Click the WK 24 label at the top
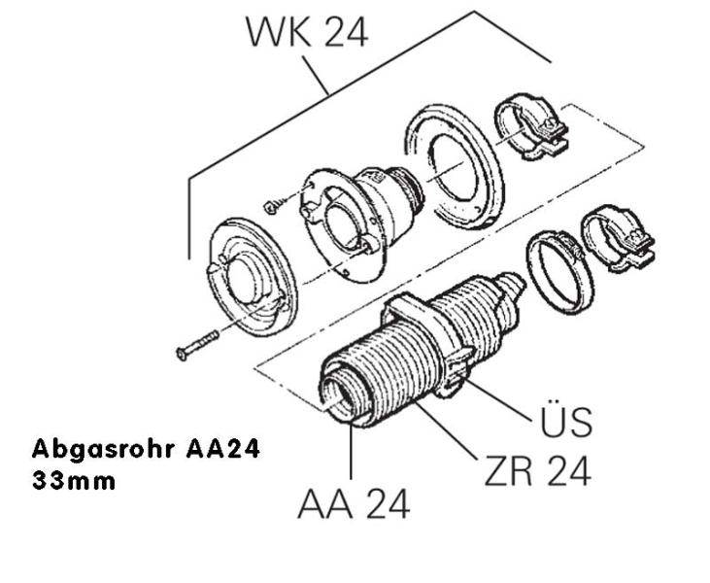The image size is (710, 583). coord(307,32)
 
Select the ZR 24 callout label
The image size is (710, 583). coord(537,470)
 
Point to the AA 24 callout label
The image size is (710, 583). coord(354,503)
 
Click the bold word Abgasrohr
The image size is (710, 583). coord(104,449)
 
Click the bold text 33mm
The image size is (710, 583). coord(74,481)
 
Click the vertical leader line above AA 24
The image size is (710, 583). coord(352,450)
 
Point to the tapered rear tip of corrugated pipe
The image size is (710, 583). coord(512,284)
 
